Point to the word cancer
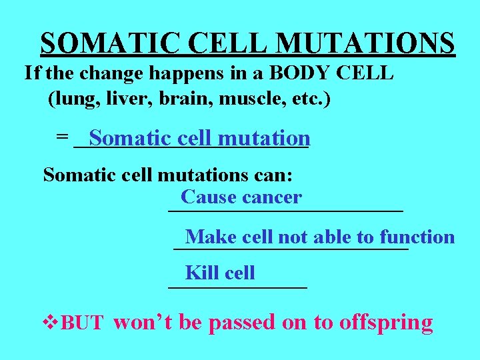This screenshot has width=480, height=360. tap(272, 197)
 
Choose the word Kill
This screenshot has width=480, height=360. tap(202, 273)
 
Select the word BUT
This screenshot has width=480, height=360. tap(82, 324)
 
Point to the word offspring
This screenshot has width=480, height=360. tap(386, 323)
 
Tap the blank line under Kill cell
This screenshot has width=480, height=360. tap(237, 287)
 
